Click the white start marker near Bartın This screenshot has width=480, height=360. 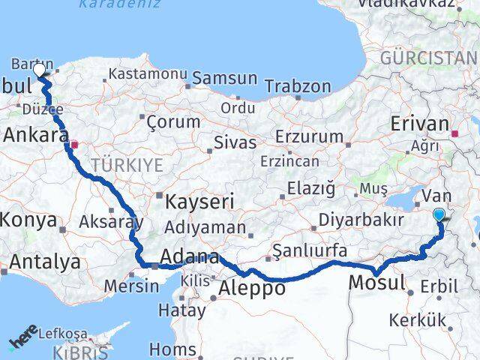click(40, 70)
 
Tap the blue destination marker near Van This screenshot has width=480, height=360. click(439, 215)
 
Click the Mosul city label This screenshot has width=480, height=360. click(377, 283)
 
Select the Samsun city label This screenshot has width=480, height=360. click(225, 78)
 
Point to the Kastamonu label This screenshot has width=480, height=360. click(146, 74)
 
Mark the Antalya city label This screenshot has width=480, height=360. click(43, 262)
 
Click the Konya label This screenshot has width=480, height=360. click(28, 220)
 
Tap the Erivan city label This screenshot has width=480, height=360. click(418, 124)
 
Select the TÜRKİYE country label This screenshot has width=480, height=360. click(126, 165)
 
